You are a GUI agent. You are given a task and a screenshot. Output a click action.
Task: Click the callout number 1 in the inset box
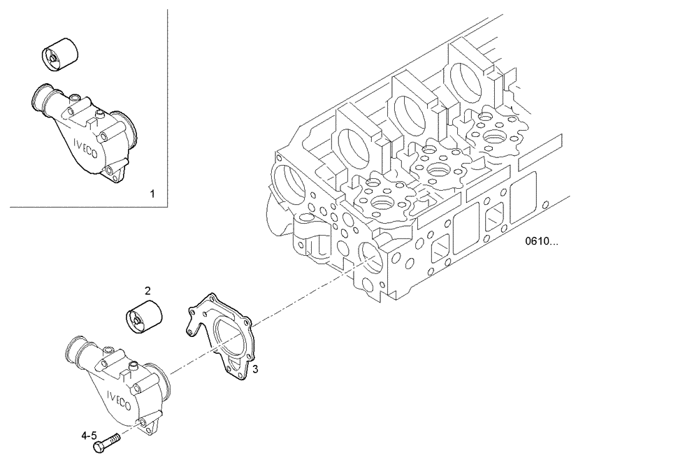[x=153, y=192]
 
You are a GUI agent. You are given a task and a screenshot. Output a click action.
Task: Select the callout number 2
[x=147, y=289]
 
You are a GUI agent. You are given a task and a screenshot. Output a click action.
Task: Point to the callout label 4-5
[x=89, y=435]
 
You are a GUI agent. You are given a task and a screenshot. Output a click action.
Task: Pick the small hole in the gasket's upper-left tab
[x=191, y=326]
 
